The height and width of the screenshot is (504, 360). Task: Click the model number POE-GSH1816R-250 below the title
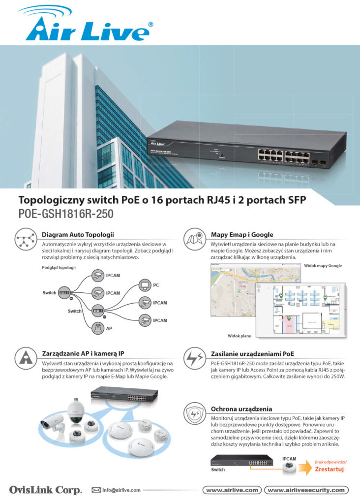click(x=65, y=215)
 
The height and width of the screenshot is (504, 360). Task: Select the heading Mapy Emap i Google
click(x=241, y=234)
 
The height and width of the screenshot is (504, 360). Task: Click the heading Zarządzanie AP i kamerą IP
click(x=90, y=353)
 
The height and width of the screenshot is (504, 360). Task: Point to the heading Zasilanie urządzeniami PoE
click(x=253, y=353)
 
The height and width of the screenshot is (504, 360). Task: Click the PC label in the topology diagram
click(x=156, y=285)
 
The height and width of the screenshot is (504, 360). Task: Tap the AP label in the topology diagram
click(x=110, y=328)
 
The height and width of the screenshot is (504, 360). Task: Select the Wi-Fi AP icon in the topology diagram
click(x=98, y=327)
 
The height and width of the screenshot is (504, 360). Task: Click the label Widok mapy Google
click(x=323, y=266)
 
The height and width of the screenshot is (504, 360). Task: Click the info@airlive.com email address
click(x=121, y=490)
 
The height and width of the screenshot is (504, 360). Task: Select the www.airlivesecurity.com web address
click(x=306, y=490)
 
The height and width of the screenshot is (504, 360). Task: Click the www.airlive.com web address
click(x=232, y=490)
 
